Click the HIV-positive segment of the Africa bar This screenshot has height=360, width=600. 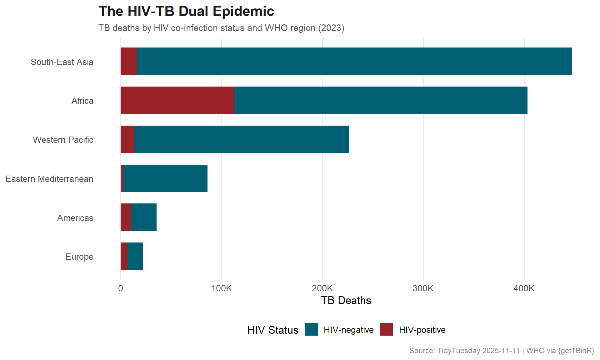[177, 100]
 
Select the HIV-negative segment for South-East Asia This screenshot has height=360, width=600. [354, 61]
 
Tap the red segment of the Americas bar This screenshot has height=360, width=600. [126, 217]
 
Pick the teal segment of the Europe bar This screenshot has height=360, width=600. [135, 256]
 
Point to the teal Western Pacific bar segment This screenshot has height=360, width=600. [242, 139]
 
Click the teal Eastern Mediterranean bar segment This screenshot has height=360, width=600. [165, 178]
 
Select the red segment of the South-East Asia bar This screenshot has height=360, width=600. [129, 61]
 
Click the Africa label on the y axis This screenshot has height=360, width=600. [82, 101]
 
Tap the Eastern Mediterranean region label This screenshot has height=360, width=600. [49, 179]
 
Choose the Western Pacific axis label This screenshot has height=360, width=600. [63, 140]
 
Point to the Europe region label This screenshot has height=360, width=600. [79, 257]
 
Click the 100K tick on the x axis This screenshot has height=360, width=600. [222, 288]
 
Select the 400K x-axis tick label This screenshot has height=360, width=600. [524, 288]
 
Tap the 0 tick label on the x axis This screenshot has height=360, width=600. [121, 288]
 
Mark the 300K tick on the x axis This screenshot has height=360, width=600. [423, 288]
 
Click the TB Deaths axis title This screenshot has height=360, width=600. [346, 300]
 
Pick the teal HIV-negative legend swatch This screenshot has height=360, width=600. [311, 329]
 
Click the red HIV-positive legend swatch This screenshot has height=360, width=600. [386, 329]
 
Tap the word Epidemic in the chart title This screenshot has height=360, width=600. [243, 12]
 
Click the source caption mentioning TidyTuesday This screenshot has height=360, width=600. [502, 351]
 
